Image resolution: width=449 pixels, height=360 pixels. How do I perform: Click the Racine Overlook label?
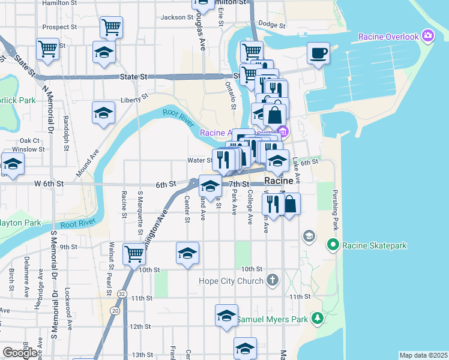point(388,37)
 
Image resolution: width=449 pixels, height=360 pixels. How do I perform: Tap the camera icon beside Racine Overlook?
point(427,36)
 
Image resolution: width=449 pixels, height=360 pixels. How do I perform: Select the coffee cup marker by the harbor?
point(318,53)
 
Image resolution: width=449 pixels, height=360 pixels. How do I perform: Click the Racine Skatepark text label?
point(375,245)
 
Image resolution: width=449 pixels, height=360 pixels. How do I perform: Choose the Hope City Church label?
point(232,281)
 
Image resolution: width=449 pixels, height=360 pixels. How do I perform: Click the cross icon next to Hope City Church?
point(273,280)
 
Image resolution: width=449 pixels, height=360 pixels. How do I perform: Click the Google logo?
point(20,353)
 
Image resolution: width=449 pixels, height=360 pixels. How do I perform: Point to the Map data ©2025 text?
point(423,355)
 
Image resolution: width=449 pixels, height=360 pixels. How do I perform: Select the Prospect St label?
point(61,27)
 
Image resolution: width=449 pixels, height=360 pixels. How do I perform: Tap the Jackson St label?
point(176,17)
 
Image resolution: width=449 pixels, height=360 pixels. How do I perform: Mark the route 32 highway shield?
point(122,294)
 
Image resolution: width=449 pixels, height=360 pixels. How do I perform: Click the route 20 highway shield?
point(114,311)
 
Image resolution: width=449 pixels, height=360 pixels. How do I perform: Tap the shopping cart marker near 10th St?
point(134,254)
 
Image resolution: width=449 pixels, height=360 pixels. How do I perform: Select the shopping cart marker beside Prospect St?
point(111,27)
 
